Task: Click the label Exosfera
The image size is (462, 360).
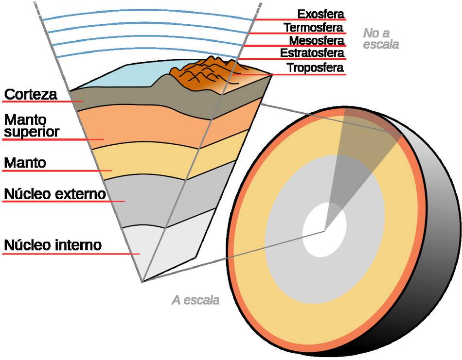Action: coord(320,13)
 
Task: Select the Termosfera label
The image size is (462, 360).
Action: coord(314,27)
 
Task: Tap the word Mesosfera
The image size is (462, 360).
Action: coord(317,40)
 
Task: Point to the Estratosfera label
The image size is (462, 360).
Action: coord(312,52)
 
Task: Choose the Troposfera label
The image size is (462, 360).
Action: coord(315,68)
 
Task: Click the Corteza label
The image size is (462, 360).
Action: coord(30,94)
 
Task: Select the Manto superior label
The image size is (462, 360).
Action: coord(32,125)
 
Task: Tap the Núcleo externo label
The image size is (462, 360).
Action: coord(54,194)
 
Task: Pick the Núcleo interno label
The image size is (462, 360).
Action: coord(53,245)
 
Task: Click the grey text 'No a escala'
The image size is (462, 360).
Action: coord(381,39)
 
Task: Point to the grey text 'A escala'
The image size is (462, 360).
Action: coord(195,300)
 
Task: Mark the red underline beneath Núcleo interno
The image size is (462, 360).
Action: coord(68,254)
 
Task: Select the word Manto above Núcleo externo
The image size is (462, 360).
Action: coord(25,163)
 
